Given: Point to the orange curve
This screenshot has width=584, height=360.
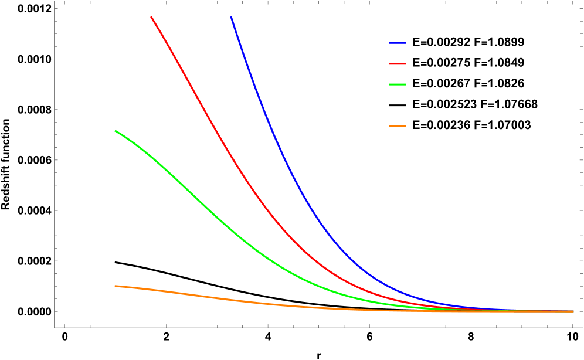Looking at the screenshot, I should click(235, 300).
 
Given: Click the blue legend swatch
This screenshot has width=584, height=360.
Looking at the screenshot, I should click(398, 43).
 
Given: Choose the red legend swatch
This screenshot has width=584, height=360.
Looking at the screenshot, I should click(398, 63).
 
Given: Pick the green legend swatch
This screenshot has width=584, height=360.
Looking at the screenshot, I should click(398, 84).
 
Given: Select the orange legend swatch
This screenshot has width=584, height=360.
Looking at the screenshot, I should click(398, 126).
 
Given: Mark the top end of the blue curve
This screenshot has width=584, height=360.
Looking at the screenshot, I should click(231, 17).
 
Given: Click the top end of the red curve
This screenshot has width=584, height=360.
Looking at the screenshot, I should click(151, 17).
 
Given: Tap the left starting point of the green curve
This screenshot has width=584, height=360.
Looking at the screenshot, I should click(116, 131).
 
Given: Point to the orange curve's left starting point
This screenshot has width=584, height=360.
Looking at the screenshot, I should click(115, 286).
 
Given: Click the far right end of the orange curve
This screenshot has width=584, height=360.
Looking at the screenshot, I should click(573, 311).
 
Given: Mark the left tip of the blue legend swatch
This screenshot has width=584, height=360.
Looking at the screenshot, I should click(390, 43).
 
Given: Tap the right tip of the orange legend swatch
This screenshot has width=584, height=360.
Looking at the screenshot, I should click(406, 126).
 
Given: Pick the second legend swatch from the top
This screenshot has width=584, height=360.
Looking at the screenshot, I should click(398, 63).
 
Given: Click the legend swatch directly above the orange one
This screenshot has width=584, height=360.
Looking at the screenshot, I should click(398, 84).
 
